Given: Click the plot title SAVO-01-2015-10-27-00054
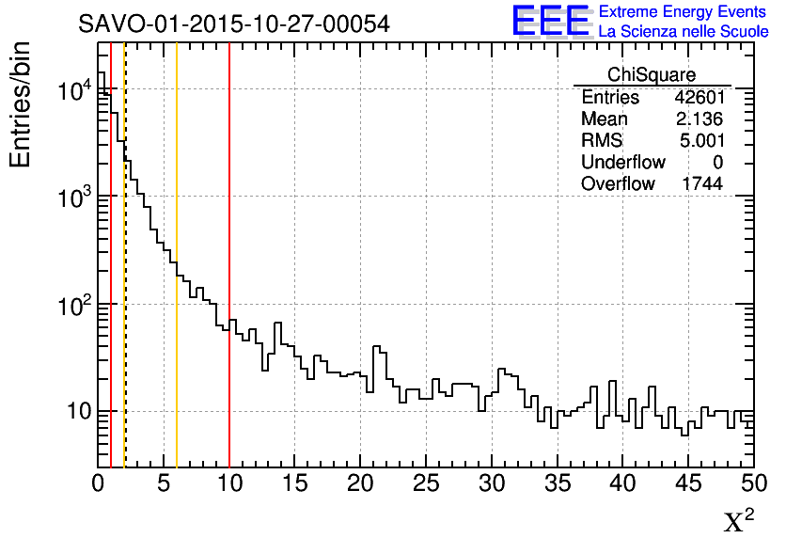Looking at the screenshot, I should [x=234, y=24].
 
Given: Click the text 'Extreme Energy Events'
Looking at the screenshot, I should [x=683, y=12].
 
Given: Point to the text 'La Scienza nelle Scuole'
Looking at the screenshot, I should [x=683, y=32].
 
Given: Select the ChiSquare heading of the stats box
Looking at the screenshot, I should [x=652, y=74].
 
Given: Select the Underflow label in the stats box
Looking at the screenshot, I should [x=623, y=163].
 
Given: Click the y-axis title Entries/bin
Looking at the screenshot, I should [x=21, y=103].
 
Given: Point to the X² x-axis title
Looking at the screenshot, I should [x=739, y=521].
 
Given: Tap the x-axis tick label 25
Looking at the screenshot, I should [x=426, y=484].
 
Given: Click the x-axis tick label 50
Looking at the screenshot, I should [x=753, y=484].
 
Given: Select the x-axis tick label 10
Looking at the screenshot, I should [x=229, y=484].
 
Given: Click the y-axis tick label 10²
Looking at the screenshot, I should [x=72, y=304].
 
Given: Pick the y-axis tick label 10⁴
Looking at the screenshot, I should [x=72, y=90].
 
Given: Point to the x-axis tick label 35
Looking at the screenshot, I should [x=558, y=484].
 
